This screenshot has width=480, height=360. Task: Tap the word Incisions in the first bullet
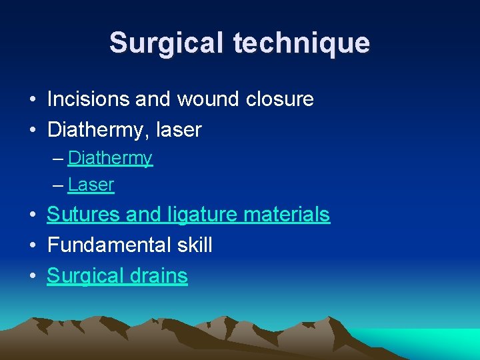tap(89, 99)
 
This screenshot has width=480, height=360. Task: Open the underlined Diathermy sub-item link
tap(110, 159)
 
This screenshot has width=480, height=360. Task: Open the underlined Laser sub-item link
tap(91, 185)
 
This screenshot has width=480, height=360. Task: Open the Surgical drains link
tap(117, 276)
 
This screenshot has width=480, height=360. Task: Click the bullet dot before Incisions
tap(32, 100)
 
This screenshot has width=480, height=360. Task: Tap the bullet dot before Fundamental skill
tap(32, 246)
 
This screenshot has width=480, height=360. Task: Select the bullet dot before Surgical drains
tap(32, 277)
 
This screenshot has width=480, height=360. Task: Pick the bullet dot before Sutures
tap(32, 215)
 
